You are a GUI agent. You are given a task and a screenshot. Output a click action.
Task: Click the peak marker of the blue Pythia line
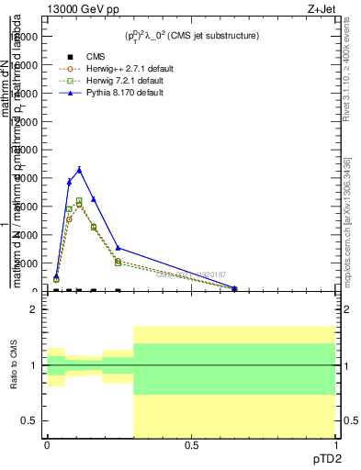click(80, 169)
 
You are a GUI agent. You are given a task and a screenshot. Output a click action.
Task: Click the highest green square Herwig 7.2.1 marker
click(80, 200)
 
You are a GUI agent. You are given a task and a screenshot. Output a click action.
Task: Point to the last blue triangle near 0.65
click(234, 288)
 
